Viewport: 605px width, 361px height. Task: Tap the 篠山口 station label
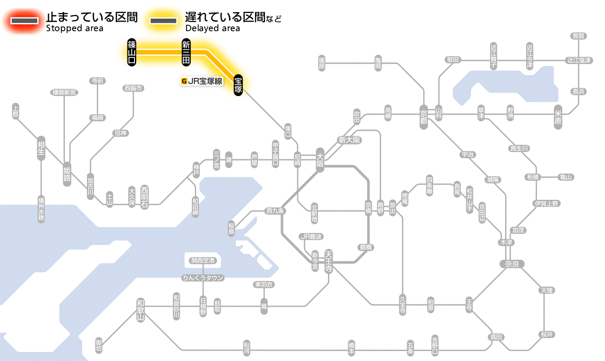[x=132, y=52]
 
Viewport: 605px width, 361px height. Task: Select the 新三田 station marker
[x=186, y=52]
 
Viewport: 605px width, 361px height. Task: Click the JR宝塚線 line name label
[x=202, y=81]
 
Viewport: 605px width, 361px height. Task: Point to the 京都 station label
[x=423, y=116]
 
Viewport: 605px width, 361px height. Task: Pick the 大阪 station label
[x=320, y=161]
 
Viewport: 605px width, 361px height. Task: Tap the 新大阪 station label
[x=349, y=140]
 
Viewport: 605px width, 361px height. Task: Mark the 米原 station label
[x=558, y=117]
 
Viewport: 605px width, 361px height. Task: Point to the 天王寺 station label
[x=328, y=262]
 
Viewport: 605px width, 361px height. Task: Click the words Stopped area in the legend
[x=75, y=29]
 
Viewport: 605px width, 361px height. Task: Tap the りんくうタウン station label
[x=203, y=278]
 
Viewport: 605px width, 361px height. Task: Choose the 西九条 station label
[x=275, y=211]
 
